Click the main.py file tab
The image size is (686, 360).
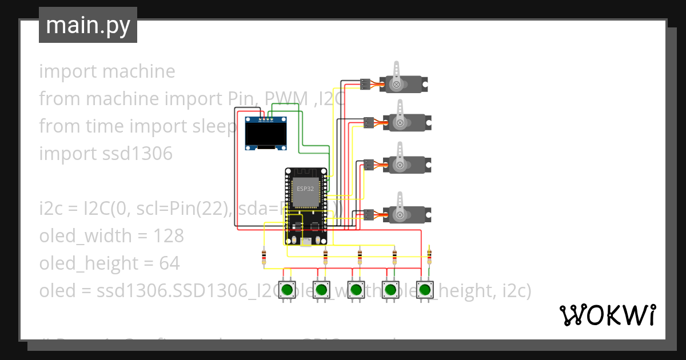coord(87,25)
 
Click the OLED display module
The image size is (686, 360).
coord(266,133)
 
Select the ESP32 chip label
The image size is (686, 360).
coord(305,187)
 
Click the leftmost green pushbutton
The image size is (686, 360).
coord(287,290)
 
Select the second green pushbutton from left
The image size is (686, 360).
coord(321,290)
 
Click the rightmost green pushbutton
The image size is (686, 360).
coord(424,290)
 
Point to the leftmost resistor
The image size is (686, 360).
coord(264,257)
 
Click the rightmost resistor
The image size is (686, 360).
coord(429,255)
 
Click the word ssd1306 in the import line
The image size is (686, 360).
coord(137,154)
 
